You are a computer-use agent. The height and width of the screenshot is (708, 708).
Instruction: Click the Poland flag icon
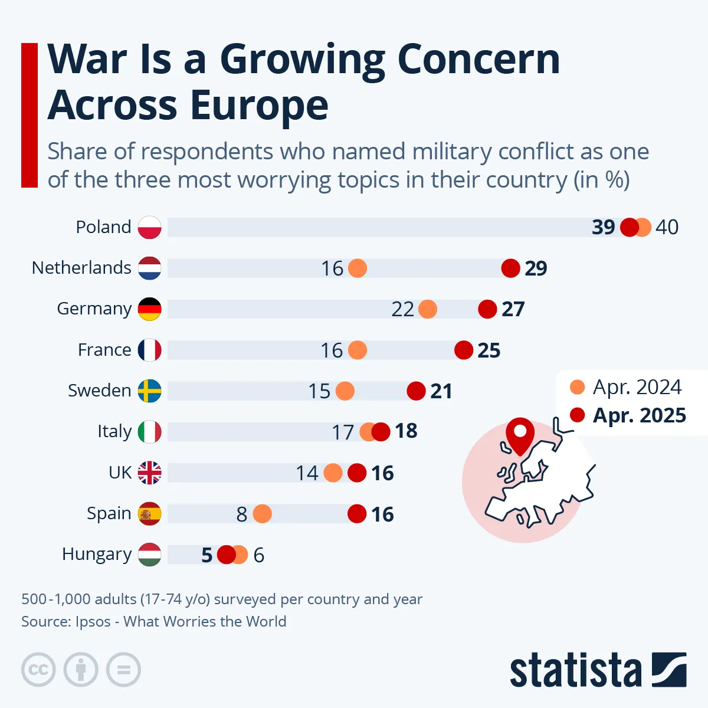(150, 227)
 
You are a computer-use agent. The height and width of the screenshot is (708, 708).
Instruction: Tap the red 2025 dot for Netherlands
(510, 268)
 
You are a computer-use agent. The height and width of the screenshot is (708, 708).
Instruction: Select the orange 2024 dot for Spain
(262, 514)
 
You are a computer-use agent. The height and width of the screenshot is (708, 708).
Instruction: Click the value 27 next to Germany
(513, 309)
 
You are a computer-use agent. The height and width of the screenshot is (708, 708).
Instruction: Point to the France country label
(104, 350)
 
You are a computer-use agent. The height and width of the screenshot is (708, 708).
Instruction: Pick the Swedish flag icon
(150, 391)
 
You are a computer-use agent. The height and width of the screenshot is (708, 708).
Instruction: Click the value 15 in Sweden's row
(319, 391)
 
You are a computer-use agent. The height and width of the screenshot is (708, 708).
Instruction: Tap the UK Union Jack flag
(150, 473)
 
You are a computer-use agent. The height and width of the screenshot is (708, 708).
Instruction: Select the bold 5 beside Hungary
(206, 555)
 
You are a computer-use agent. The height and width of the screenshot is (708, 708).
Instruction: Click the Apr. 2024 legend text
(637, 387)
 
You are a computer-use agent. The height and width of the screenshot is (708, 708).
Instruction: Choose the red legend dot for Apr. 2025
(577, 415)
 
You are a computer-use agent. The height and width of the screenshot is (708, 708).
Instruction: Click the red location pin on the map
(520, 434)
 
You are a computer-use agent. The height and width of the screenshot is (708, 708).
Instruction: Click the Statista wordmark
(575, 671)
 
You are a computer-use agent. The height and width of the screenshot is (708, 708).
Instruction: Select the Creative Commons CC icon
(38, 670)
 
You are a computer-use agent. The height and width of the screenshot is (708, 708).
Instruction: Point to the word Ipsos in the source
(93, 622)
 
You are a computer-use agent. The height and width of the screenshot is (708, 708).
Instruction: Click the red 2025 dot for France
(464, 350)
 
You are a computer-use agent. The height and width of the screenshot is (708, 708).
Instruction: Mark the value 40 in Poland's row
(667, 227)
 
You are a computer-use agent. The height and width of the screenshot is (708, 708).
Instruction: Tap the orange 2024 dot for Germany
(427, 309)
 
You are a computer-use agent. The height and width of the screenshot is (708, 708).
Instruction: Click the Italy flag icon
(150, 432)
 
